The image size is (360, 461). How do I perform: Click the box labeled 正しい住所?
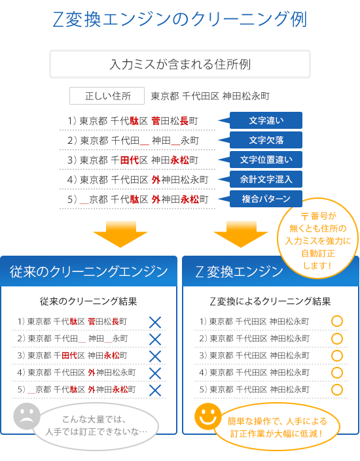[107, 96]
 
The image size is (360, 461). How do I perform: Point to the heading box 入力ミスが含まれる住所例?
[180, 64]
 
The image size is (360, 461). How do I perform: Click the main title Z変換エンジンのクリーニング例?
[180, 20]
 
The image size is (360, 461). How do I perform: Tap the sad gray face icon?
[27, 417]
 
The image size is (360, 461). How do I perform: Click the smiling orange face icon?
[207, 417]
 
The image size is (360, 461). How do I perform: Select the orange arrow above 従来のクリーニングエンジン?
[120, 234]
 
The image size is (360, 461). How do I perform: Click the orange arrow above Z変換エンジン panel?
[241, 234]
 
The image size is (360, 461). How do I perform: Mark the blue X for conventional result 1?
[155, 322]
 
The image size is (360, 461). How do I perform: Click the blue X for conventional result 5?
[155, 390]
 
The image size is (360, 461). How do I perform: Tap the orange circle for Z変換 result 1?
[337, 321]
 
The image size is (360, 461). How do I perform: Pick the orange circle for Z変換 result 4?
[337, 373]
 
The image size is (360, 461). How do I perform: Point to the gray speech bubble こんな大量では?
[96, 426]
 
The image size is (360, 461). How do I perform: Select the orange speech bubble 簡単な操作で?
[277, 427]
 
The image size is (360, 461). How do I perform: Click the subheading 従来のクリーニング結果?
[88, 301]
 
